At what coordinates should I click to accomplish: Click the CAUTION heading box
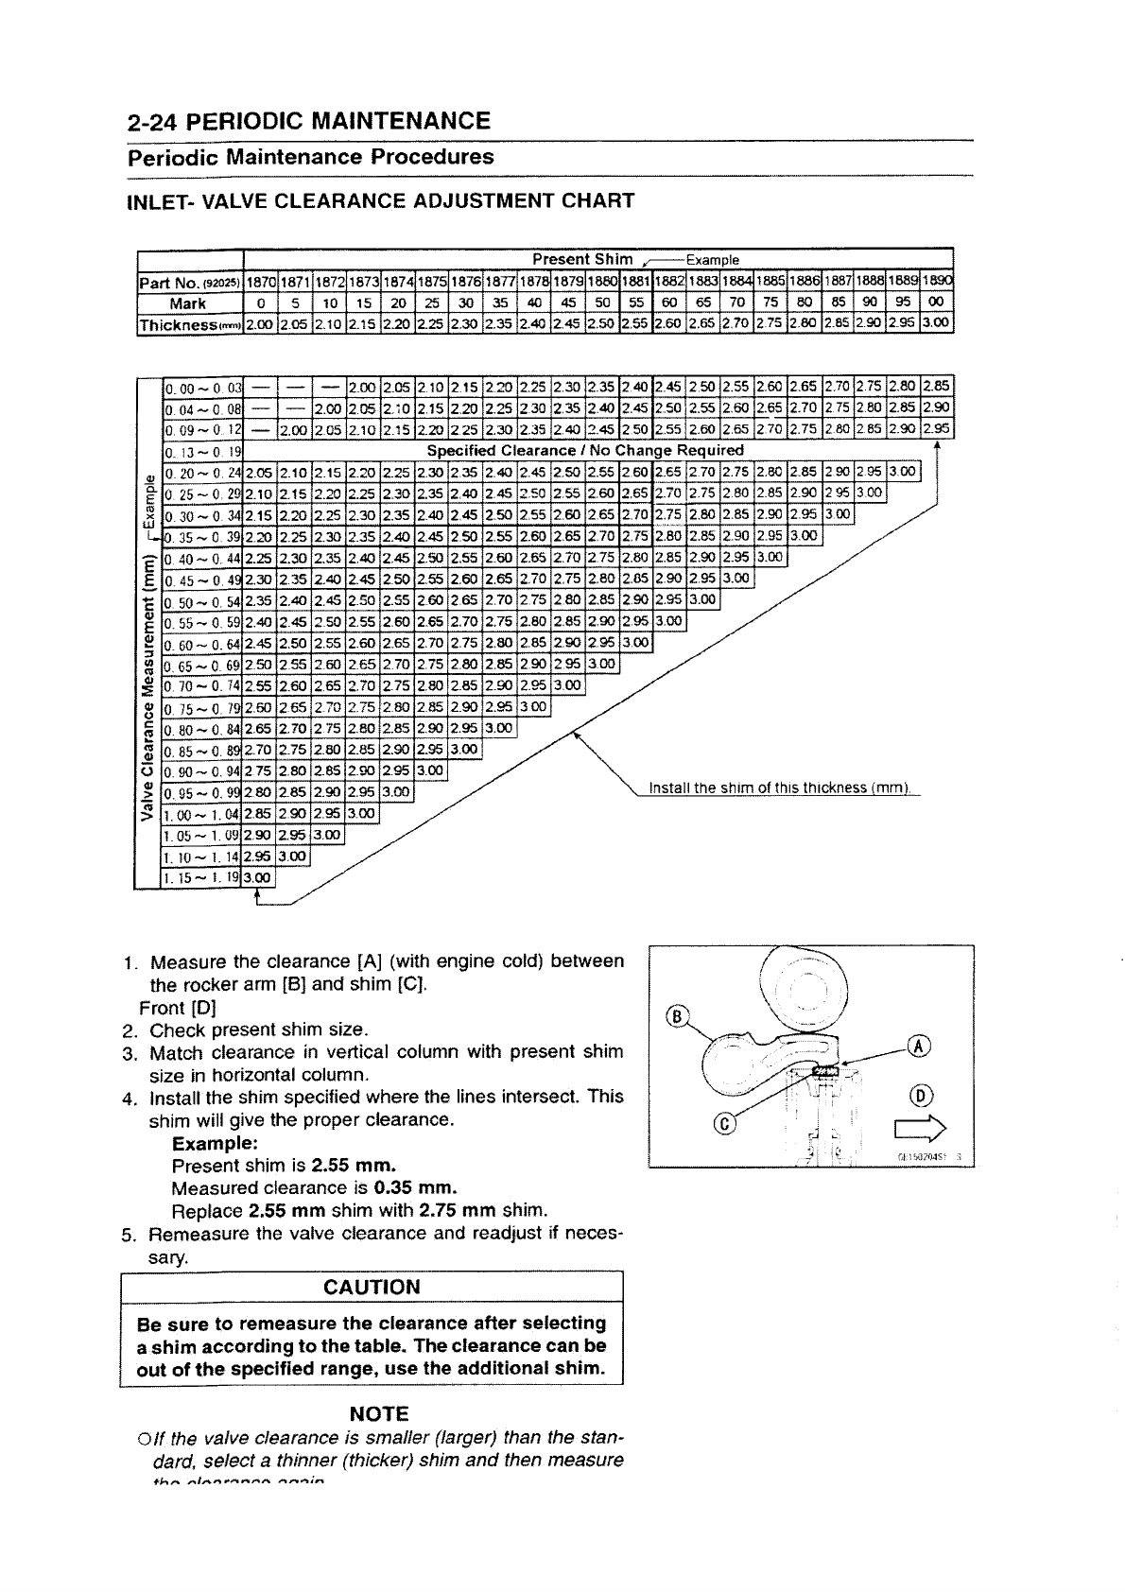371,1288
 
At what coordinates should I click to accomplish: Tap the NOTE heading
378,1414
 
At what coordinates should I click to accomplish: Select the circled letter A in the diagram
920,1046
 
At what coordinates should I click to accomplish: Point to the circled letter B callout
675,1017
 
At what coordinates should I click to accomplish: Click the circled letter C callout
726,1124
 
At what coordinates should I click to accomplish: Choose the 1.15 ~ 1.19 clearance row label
204,878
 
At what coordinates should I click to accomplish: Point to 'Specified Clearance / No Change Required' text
586,451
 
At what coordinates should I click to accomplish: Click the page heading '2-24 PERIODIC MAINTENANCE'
309,121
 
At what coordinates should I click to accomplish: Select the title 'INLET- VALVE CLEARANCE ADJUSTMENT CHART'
380,200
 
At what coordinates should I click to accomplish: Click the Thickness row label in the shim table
189,324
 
